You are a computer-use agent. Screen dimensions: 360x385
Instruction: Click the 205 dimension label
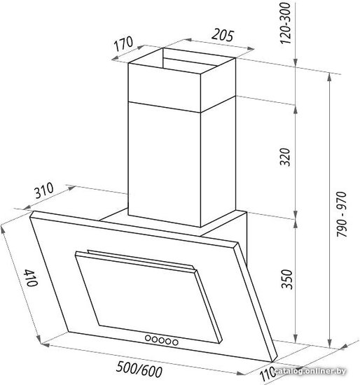[222, 35]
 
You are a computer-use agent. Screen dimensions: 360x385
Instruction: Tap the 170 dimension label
[123, 43]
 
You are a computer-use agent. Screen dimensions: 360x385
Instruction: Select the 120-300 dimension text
[286, 24]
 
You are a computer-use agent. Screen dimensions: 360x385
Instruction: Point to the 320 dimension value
[286, 157]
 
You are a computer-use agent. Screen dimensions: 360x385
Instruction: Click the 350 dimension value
[286, 279]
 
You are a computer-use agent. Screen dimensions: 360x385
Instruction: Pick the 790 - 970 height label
[342, 214]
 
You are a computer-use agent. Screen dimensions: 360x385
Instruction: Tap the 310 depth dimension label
[43, 190]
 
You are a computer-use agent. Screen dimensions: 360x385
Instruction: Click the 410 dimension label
[31, 278]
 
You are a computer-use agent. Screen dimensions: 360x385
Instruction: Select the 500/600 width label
[139, 369]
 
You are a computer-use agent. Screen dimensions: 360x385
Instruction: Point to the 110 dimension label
[268, 372]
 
